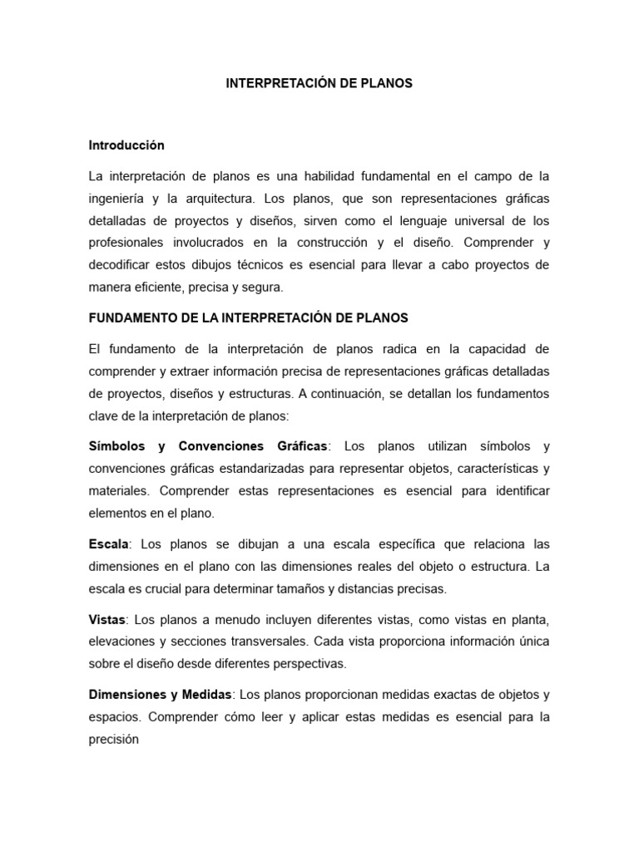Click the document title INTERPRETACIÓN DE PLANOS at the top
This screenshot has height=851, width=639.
click(319, 84)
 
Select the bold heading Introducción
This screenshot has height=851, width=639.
click(126, 145)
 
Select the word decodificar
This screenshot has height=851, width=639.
click(121, 267)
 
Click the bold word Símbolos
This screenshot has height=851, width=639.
click(116, 446)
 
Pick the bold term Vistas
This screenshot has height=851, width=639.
click(107, 620)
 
